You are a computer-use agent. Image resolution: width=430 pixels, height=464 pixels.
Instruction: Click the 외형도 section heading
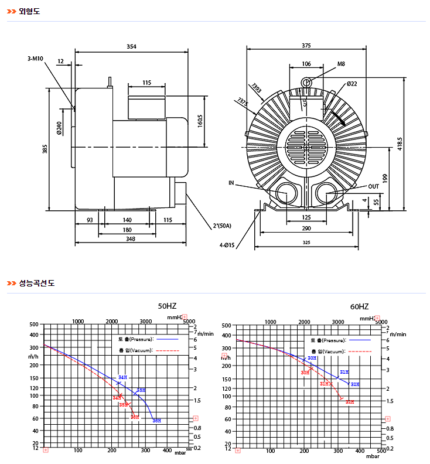(29, 11)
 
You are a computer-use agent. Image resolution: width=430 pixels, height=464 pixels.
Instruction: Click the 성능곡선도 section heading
(36, 283)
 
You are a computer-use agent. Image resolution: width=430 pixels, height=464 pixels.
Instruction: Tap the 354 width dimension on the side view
(131, 46)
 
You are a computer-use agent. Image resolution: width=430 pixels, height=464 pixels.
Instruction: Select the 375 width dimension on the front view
(306, 46)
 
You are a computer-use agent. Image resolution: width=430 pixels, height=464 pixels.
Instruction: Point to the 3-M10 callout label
(36, 59)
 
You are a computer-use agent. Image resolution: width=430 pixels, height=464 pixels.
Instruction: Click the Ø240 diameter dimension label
(59, 128)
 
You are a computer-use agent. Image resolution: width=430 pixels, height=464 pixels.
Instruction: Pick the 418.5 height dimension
(400, 144)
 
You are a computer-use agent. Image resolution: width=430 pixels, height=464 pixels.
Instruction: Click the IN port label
(231, 183)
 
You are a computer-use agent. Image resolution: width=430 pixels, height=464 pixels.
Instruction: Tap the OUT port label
(374, 186)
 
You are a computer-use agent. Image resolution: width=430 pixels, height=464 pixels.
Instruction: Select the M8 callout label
(341, 63)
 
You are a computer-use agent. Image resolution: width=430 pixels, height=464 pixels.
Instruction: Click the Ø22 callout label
(352, 84)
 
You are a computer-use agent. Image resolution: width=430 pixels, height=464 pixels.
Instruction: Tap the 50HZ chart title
(167, 306)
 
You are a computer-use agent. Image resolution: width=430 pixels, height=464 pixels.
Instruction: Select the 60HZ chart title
(359, 306)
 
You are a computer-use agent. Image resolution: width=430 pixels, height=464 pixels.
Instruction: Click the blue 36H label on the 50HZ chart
(156, 421)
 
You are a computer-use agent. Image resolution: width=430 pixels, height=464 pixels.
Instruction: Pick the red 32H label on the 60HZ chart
(350, 402)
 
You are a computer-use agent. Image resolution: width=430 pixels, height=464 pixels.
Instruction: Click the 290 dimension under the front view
(306, 228)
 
